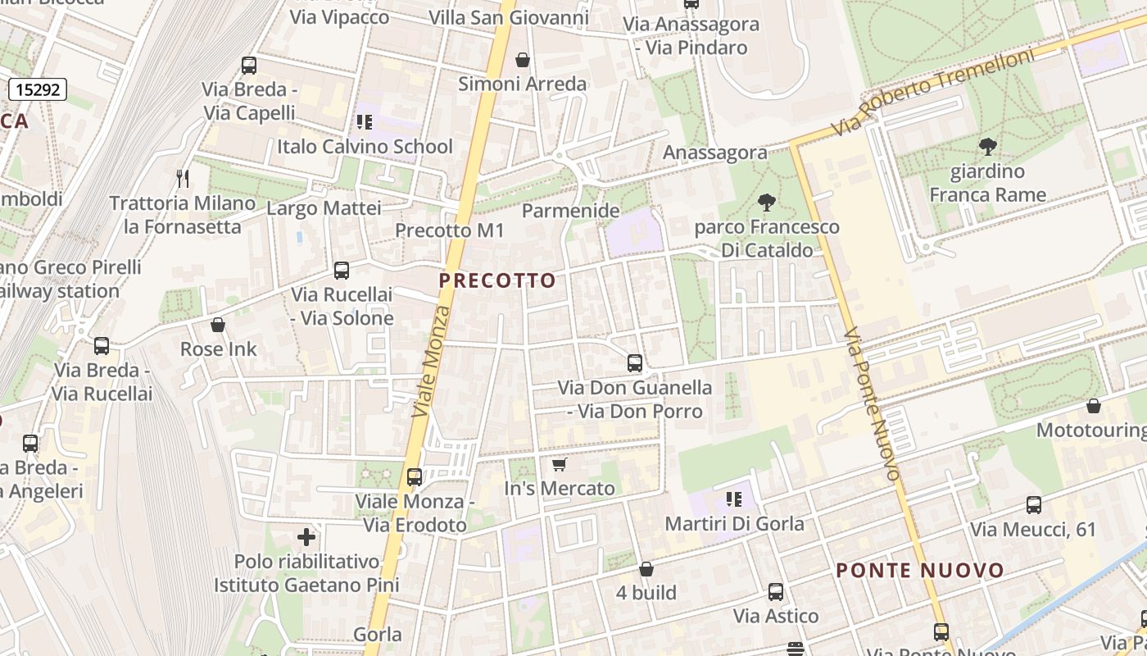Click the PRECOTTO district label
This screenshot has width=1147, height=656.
[x=497, y=280]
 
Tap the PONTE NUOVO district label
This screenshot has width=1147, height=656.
[x=919, y=571]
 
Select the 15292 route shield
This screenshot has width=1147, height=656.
[x=38, y=89]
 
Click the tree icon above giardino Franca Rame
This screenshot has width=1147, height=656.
[x=987, y=148]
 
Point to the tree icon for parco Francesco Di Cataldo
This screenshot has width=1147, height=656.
[x=767, y=202]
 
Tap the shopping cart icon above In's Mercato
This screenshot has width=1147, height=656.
[x=560, y=465]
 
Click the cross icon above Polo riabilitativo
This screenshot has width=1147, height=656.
[x=306, y=537]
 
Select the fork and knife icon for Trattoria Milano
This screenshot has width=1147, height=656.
[x=184, y=178]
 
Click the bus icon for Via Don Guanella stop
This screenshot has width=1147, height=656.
[x=634, y=362]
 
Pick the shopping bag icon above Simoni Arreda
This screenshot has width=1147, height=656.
[x=522, y=60]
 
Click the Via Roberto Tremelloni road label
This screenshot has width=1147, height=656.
[x=932, y=92]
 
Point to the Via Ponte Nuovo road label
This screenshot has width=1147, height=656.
[x=873, y=404]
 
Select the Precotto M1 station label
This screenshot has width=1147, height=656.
[x=450, y=231]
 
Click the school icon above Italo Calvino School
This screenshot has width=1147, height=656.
[x=365, y=122]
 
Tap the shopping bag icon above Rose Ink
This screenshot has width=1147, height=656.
[x=218, y=326]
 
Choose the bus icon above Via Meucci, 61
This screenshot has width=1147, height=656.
[x=1033, y=505]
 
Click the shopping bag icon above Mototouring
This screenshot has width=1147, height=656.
[x=1093, y=406]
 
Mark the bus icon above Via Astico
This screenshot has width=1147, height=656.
[x=775, y=591]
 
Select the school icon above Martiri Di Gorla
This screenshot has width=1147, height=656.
[x=734, y=499]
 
